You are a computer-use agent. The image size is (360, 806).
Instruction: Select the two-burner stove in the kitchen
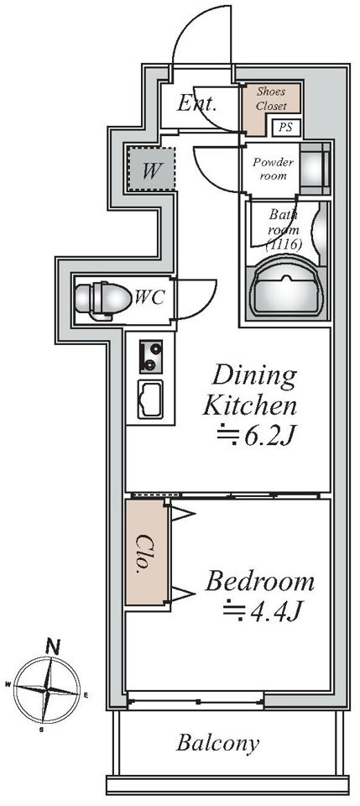(x=150, y=356)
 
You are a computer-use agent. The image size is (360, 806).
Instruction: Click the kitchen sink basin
(x=150, y=399)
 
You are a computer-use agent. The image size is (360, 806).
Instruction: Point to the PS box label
(x=285, y=128)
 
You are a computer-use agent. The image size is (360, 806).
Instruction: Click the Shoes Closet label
(x=271, y=99)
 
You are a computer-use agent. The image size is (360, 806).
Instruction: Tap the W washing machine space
(x=151, y=170)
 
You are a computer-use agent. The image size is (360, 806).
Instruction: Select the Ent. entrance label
(x=196, y=104)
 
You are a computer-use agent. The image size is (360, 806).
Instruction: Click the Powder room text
(x=273, y=169)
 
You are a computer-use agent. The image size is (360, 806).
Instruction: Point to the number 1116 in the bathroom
(x=283, y=243)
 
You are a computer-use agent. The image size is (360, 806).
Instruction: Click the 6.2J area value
(x=256, y=437)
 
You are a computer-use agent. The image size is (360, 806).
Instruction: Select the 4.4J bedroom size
(x=261, y=611)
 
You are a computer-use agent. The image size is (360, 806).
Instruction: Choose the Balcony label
(x=217, y=743)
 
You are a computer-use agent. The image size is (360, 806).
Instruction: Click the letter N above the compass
(x=51, y=646)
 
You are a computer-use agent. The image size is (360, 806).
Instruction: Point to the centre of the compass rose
(x=47, y=688)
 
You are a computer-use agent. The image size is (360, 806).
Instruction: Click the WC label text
(x=149, y=297)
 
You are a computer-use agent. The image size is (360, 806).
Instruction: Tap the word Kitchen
(x=249, y=406)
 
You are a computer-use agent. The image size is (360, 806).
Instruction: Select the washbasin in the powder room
(x=313, y=168)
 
